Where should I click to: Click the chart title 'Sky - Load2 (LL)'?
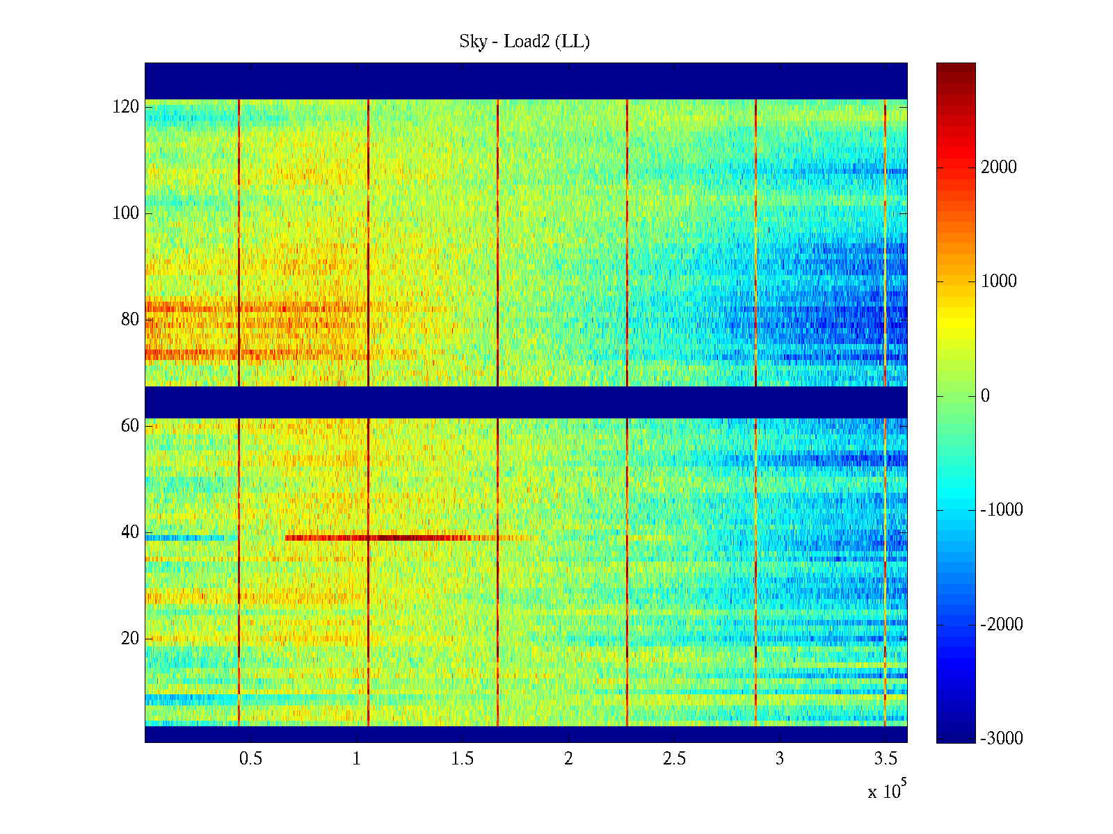(525, 42)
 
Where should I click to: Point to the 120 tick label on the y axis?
(126, 107)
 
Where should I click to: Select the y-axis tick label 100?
(126, 213)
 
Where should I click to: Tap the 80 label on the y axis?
(130, 320)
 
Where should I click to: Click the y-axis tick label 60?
(130, 426)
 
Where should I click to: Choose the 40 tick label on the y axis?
(130, 532)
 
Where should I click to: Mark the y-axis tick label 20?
(130, 639)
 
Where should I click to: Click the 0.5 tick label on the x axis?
(250, 759)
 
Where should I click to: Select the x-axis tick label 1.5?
(462, 759)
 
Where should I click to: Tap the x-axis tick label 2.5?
(673, 759)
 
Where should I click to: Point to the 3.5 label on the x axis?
(885, 759)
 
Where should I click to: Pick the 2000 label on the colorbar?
(998, 167)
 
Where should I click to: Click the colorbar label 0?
(985, 396)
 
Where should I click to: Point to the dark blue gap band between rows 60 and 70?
(526, 402)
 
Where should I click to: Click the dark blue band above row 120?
(526, 81)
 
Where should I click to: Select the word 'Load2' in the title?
(527, 42)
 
